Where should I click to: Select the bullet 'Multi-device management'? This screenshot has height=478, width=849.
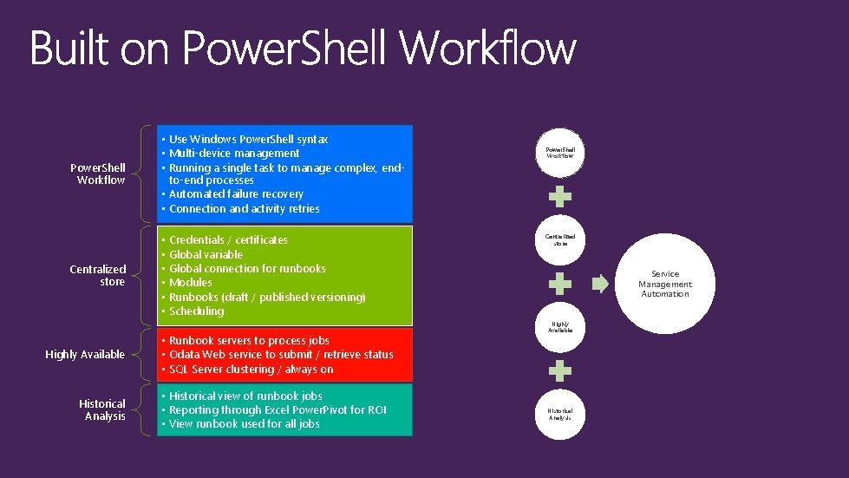(234, 154)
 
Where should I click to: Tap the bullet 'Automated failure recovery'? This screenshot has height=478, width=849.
(236, 194)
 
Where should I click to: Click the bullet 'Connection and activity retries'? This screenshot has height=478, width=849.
(244, 209)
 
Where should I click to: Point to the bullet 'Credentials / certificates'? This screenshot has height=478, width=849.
(228, 240)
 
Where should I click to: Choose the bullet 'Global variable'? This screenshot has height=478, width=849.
(206, 254)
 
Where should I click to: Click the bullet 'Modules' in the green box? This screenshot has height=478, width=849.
(191, 283)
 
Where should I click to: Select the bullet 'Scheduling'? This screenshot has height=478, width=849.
(196, 311)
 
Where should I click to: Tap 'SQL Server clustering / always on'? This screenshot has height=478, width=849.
(251, 370)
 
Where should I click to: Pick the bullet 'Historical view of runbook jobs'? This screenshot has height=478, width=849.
(245, 396)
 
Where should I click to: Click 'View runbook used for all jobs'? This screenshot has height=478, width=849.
(244, 424)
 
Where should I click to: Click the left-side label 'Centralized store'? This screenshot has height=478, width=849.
(97, 276)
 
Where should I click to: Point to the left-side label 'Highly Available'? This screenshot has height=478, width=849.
(85, 355)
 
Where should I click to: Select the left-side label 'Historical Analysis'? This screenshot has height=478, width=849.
(102, 410)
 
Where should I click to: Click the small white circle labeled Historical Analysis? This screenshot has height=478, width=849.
(560, 414)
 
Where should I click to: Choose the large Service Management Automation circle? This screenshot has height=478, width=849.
(665, 284)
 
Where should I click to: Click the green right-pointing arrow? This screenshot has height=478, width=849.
(601, 283)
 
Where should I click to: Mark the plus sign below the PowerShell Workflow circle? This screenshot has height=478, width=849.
(561, 195)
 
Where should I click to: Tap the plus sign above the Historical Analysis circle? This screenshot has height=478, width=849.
(561, 371)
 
